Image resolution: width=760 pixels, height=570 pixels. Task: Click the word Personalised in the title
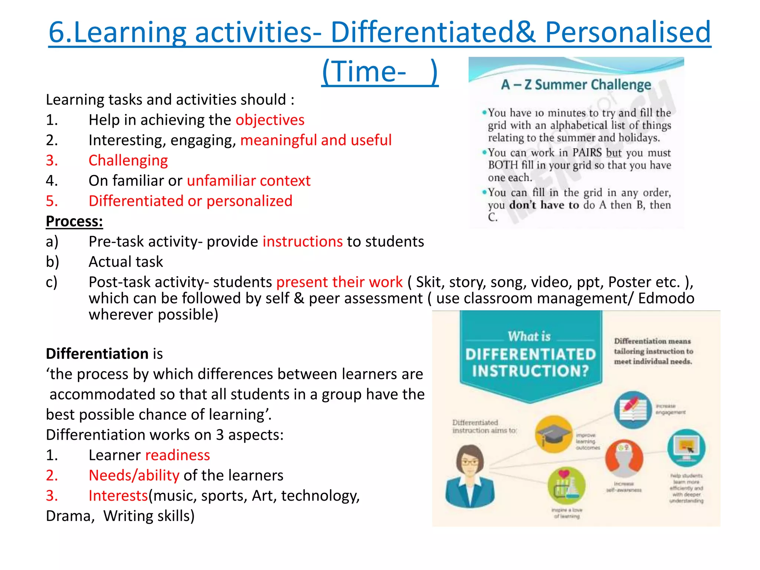click(628, 32)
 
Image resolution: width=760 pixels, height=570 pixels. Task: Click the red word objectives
click(270, 120)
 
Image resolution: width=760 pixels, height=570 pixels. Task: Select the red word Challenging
click(128, 160)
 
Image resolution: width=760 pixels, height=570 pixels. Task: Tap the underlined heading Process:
click(74, 221)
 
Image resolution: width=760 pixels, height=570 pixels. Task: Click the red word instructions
click(302, 242)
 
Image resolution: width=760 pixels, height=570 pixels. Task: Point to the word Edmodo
click(666, 298)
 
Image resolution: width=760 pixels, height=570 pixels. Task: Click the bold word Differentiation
click(97, 354)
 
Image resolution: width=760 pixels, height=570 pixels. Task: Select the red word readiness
click(177, 455)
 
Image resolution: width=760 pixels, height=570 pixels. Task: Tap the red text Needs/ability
click(134, 475)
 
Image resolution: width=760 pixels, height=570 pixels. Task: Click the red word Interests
click(118, 496)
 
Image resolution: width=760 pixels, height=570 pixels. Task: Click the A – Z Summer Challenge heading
click(576, 85)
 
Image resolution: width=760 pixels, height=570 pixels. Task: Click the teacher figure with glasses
click(470, 476)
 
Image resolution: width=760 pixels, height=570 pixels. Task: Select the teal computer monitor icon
click(686, 448)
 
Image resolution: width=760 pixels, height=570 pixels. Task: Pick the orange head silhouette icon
click(624, 459)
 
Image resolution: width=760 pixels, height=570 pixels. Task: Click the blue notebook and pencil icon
click(633, 410)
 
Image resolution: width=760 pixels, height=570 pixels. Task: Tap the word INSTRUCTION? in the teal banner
click(530, 371)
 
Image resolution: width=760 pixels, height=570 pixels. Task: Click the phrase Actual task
click(126, 262)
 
